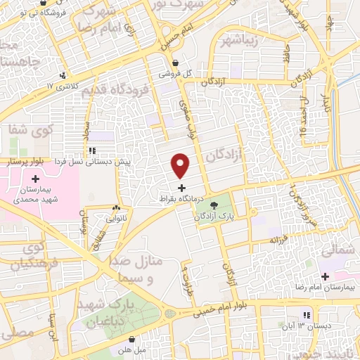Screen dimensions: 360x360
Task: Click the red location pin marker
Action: [x=181, y=166]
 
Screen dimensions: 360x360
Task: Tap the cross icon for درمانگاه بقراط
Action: [x=182, y=188]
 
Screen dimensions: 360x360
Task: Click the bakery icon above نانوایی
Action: [x=116, y=208]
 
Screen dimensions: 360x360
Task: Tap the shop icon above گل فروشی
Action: [x=184, y=62]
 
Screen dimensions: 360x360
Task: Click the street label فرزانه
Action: [x=281, y=239]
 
